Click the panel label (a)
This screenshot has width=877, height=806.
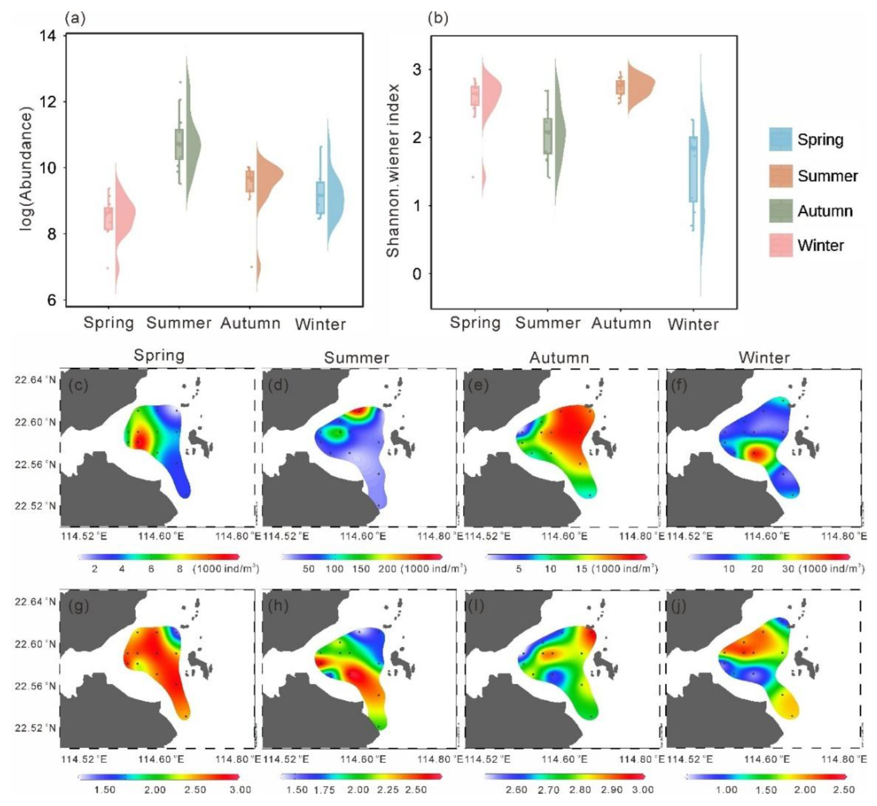coord(75,18)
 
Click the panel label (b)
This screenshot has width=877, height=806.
coord(438,18)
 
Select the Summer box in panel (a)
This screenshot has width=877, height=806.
coord(179,144)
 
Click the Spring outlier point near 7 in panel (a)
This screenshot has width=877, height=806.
coord(108,268)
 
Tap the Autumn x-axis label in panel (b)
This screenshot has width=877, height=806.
coord(621,323)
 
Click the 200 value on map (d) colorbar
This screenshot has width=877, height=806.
coord(387,569)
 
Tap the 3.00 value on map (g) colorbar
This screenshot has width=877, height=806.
coord(240,790)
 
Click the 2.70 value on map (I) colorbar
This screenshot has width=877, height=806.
coord(549,790)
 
